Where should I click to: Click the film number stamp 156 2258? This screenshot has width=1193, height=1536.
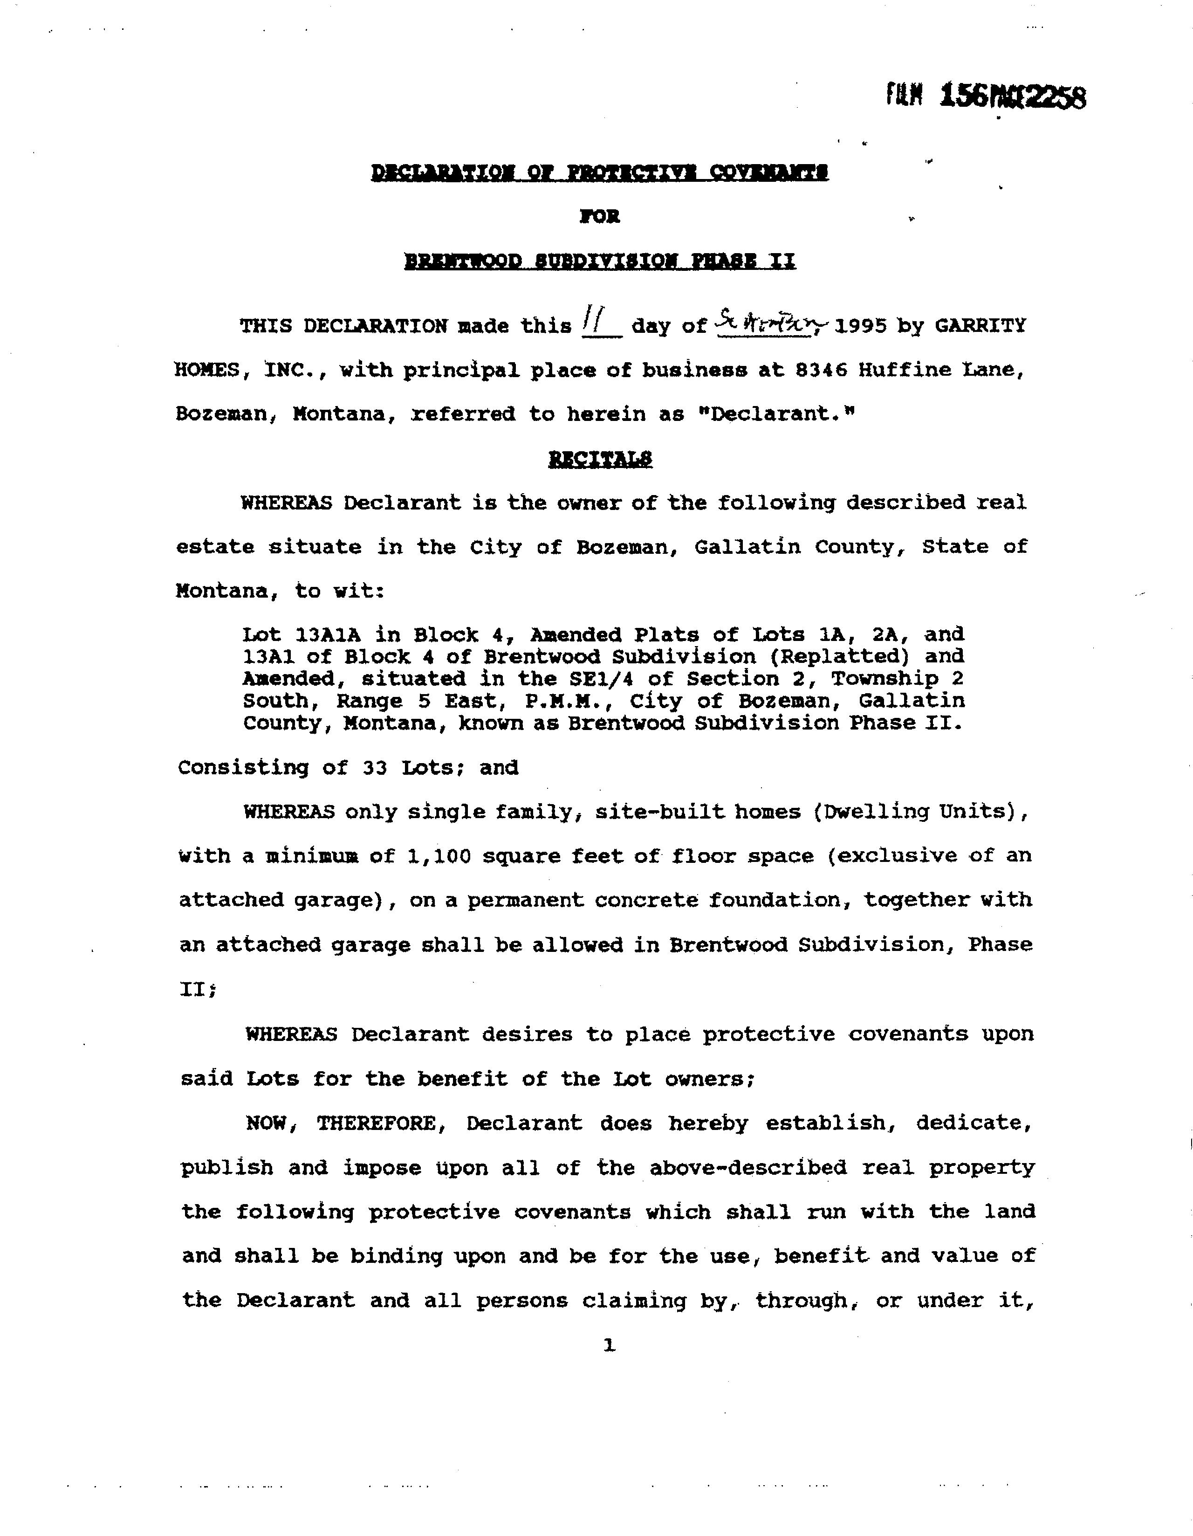click(986, 96)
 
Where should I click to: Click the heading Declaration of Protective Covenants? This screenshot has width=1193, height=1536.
click(600, 172)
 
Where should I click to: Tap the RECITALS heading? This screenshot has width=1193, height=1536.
click(600, 459)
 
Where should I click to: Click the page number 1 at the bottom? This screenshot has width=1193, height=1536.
click(609, 1345)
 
